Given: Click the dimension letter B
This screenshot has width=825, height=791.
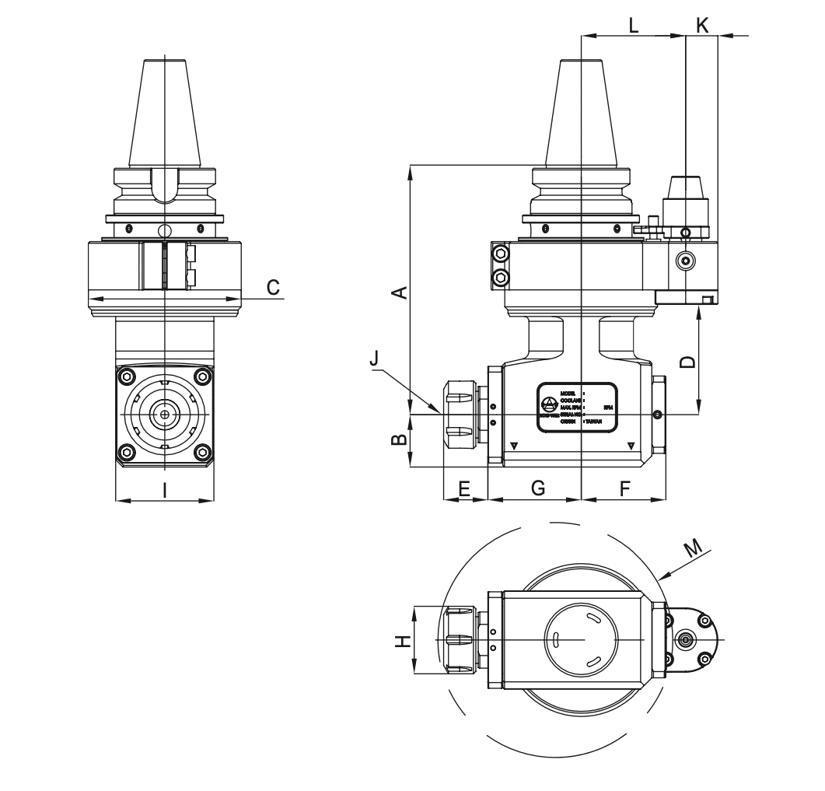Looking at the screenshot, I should (398, 439).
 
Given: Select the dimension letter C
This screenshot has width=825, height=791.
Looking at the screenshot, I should (273, 287).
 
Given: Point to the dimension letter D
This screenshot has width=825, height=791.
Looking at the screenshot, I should (687, 362).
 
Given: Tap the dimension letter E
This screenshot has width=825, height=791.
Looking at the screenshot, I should (464, 488).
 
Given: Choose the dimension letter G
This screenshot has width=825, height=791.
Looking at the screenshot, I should (537, 488).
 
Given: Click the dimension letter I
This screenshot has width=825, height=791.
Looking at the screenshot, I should (164, 489).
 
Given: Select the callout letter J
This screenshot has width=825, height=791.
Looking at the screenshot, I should (375, 359).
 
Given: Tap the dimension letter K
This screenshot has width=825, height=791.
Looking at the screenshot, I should (703, 25).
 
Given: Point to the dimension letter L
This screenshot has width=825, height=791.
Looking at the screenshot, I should (634, 25).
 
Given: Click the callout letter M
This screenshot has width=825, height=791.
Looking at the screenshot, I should (694, 548).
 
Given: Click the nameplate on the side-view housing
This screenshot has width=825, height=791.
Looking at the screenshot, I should (579, 405).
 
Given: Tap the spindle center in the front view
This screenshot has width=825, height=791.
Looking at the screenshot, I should (165, 415).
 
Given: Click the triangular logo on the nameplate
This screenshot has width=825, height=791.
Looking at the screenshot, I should (550, 404).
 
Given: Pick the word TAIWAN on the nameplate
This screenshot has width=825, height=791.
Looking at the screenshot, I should (594, 421).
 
